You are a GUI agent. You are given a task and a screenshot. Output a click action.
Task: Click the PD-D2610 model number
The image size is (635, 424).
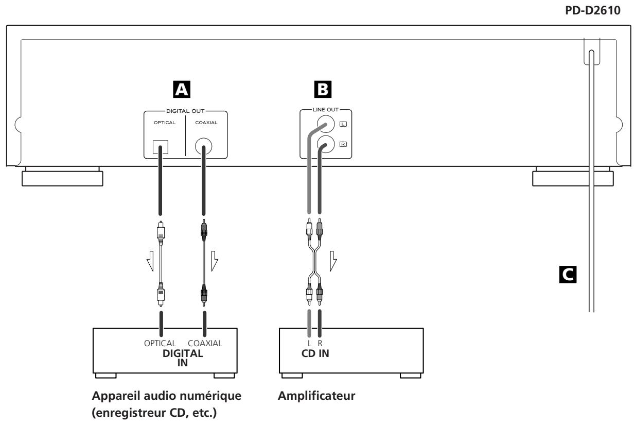(x=593, y=10)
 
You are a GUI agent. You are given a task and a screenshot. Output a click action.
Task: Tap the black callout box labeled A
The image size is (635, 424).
(x=182, y=90)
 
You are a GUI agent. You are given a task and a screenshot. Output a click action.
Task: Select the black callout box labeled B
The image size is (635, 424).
(x=323, y=90)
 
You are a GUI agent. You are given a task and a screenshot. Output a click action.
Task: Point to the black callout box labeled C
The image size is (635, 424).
(x=568, y=275)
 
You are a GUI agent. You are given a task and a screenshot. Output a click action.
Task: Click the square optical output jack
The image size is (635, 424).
(x=161, y=147)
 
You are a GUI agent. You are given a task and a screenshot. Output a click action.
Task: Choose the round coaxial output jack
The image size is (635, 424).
(x=204, y=146)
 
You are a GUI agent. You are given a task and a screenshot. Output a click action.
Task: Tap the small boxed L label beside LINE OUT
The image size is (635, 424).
(x=343, y=124)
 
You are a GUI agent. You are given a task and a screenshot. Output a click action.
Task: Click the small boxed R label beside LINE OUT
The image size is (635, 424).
(x=343, y=144)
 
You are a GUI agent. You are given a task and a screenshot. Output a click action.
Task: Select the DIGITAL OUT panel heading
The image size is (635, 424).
(x=185, y=111)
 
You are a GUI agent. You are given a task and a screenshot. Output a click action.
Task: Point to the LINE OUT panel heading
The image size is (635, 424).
(x=326, y=110)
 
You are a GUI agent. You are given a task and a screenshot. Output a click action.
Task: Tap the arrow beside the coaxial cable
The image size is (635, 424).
(x=215, y=261)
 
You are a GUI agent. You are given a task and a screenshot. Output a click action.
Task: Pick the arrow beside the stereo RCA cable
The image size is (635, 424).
(x=333, y=261)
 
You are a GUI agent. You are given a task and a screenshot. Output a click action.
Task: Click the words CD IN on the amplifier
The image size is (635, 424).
(x=315, y=353)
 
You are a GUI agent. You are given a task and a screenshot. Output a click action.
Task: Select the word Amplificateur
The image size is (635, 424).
(x=316, y=396)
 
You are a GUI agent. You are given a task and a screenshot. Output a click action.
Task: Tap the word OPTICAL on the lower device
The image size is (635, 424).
(x=160, y=344)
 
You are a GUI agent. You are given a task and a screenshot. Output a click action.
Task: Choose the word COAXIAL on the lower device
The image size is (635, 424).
(x=205, y=344)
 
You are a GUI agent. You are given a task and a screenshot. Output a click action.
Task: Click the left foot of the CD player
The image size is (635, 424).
(x=62, y=177)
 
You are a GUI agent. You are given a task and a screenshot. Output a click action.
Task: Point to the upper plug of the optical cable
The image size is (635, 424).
(x=161, y=233)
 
